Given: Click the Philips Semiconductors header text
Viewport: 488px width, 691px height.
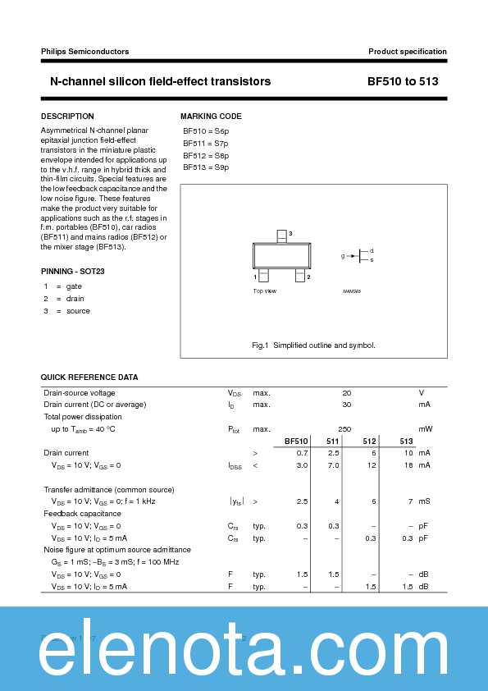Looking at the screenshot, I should [85, 52].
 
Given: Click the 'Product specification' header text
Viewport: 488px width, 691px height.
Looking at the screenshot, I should [407, 52].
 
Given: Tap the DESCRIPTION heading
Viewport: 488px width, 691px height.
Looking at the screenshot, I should [67, 117].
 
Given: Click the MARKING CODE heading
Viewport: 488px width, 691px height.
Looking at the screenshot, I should [211, 117].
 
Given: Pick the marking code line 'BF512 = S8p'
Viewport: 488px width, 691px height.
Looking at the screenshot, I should [206, 155].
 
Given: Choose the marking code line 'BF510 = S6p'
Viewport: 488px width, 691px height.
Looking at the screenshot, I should [206, 131].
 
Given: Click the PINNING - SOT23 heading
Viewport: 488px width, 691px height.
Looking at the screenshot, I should [73, 271].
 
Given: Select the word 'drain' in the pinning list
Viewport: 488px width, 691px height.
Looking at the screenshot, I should [75, 298].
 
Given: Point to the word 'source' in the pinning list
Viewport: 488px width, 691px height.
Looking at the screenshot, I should [78, 311].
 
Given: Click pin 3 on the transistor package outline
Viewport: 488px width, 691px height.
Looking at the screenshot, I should [281, 236].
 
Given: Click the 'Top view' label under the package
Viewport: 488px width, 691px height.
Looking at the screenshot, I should [264, 291].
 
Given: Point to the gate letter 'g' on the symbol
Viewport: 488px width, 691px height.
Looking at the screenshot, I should [343, 256].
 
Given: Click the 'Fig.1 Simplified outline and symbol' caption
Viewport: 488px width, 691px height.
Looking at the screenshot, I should [313, 345].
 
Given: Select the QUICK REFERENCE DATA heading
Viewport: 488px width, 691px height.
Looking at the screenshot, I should [89, 378].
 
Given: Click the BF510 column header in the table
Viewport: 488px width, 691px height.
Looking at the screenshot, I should [296, 442].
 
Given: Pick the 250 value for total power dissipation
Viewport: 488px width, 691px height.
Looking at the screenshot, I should [344, 429].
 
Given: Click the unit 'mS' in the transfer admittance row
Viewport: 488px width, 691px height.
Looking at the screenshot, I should [424, 501].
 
